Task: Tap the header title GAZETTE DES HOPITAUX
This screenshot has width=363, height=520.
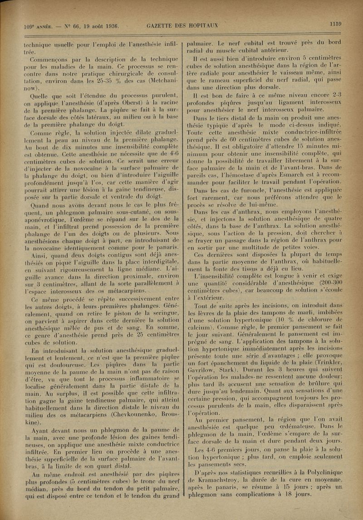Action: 182,25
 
